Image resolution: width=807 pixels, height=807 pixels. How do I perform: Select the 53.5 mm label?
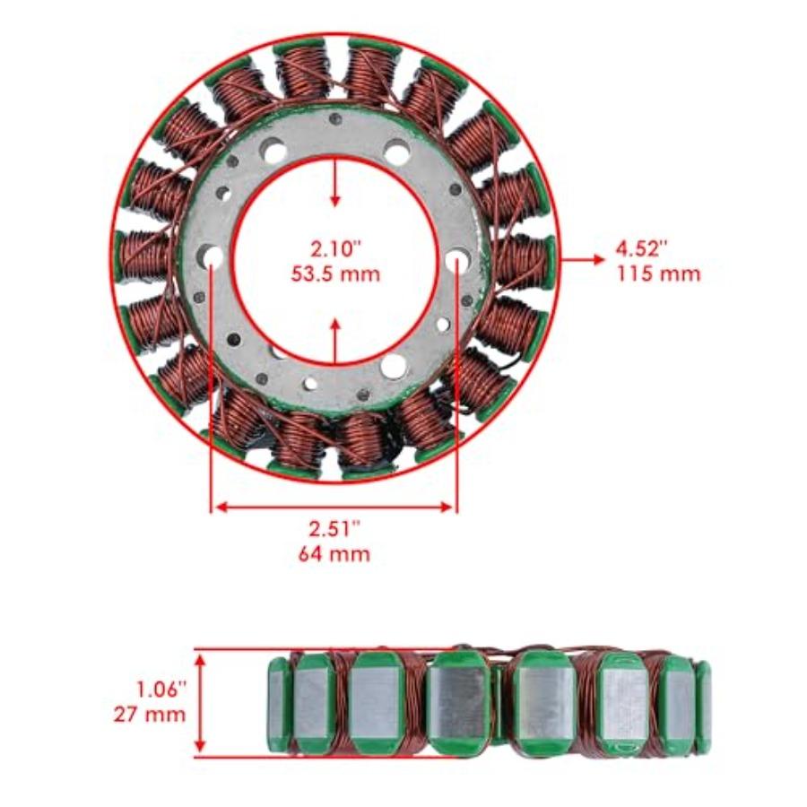pyautogui.click(x=334, y=273)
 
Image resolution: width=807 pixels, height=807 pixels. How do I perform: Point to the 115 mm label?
pyautogui.click(x=657, y=273)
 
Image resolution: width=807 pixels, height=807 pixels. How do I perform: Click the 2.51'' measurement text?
pyautogui.click(x=334, y=528)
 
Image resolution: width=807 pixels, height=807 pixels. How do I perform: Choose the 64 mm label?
pyautogui.click(x=334, y=553)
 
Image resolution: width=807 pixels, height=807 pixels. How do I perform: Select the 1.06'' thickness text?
pyautogui.click(x=161, y=690)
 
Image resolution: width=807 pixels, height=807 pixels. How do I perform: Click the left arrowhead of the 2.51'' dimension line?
pyautogui.click(x=218, y=508)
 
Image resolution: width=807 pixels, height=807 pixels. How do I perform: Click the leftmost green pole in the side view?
pyautogui.click(x=278, y=704)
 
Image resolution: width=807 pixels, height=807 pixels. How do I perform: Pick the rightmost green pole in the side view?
pyautogui.click(x=703, y=704)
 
